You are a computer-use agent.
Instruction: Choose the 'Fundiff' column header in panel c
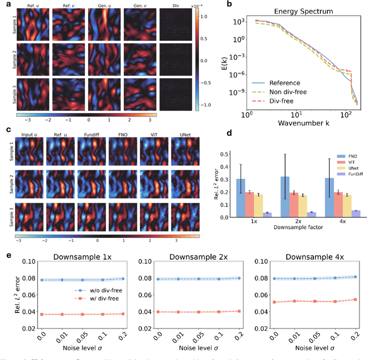point(92,136)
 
